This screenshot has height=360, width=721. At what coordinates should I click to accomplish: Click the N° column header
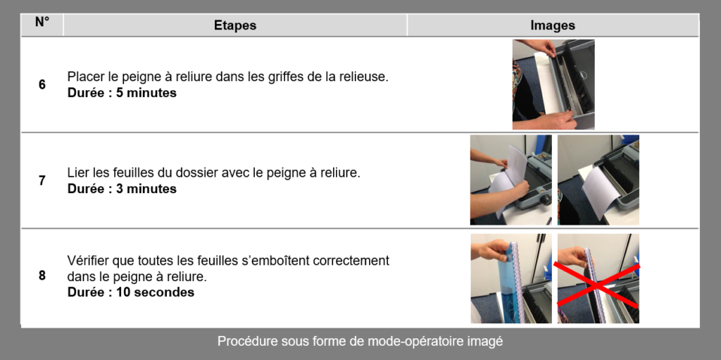42,22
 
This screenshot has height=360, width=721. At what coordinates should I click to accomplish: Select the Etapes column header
235,25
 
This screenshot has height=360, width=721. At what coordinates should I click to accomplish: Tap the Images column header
553,25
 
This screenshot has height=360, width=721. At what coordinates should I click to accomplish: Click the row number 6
42,85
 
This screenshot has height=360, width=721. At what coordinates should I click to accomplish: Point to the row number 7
42,180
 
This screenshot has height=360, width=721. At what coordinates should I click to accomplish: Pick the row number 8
42,275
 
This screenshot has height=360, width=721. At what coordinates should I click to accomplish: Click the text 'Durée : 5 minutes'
122,93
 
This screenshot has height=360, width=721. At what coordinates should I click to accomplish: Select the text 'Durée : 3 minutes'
122,189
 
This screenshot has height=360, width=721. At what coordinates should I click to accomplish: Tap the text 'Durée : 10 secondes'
130,292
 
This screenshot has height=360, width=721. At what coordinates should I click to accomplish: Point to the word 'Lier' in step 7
76,173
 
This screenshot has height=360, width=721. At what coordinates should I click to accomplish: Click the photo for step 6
553,85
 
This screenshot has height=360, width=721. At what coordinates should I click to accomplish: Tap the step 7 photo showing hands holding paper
511,180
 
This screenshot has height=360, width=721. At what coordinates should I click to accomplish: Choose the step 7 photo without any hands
598,180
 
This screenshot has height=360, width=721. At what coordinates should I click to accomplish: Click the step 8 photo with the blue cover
511,278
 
